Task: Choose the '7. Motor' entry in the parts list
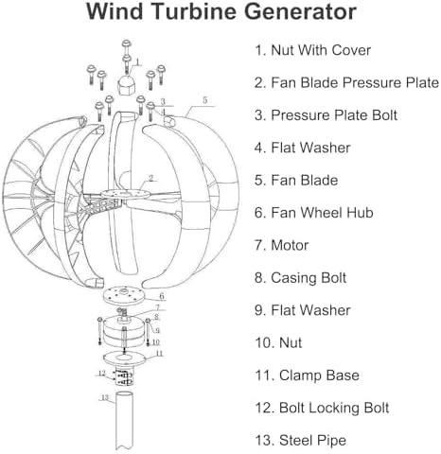point(284,244)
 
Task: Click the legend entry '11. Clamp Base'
point(305,375)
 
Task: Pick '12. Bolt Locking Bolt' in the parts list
point(322,408)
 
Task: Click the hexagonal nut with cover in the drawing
point(126,88)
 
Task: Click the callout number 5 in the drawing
point(203,98)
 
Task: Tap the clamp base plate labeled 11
point(125,358)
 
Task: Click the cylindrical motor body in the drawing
point(125,332)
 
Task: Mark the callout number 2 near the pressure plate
point(150,178)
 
